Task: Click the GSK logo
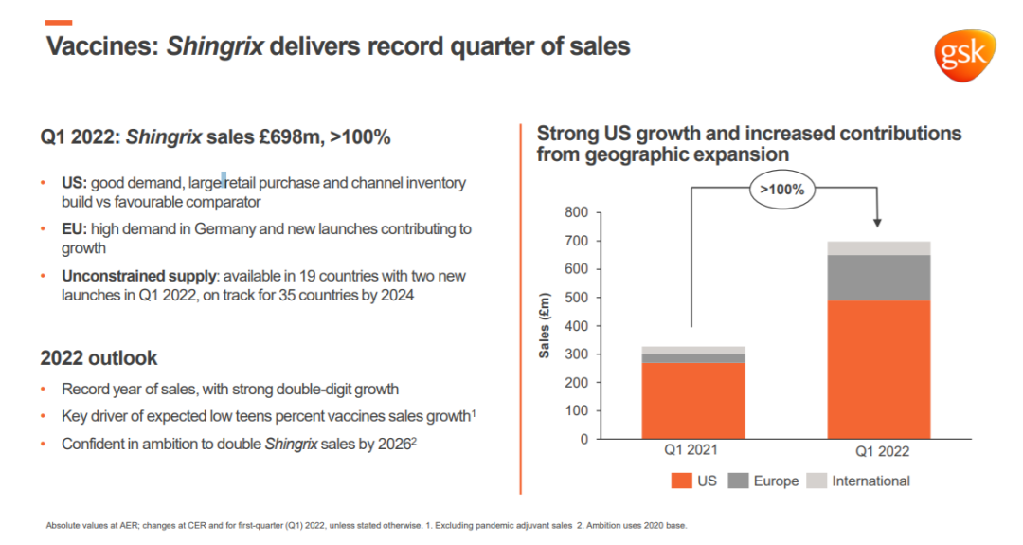pos(965,55)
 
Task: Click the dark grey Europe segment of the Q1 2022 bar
pos(878,278)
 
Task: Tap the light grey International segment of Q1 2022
pos(878,248)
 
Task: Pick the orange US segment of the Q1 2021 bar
pos(692,399)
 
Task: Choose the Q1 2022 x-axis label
pos(878,452)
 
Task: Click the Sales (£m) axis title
pos(545,326)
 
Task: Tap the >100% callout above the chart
pos(782,190)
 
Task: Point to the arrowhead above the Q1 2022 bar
pos(878,224)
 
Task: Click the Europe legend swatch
pos(739,481)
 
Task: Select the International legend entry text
pos(870,481)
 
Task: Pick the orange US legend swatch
pos(681,481)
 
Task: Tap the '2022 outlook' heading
pos(99,358)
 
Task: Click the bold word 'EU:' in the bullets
pos(75,229)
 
